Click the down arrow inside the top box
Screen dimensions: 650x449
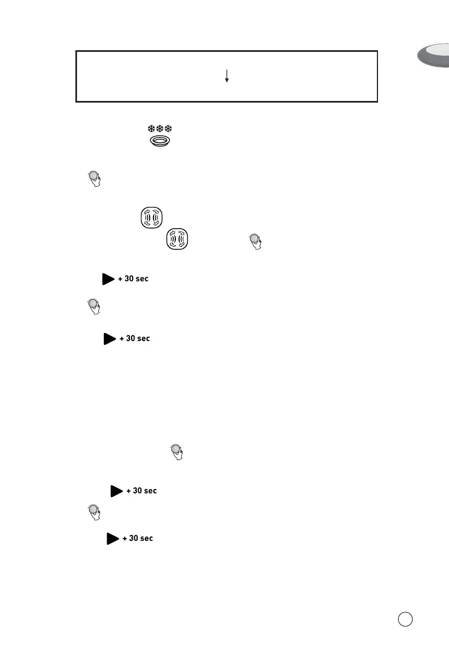click(226, 76)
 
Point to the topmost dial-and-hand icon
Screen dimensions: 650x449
click(94, 179)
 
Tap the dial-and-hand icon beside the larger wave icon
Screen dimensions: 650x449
click(255, 241)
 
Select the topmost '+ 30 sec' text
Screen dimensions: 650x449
click(133, 279)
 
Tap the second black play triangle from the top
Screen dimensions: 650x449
click(109, 339)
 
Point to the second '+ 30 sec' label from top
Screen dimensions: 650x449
click(134, 339)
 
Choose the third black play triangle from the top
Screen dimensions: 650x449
click(116, 491)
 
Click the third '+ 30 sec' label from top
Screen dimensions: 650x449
click(141, 491)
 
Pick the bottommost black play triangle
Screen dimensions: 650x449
click(113, 539)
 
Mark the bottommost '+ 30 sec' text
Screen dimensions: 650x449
click(138, 539)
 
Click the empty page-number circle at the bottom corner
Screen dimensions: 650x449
click(405, 619)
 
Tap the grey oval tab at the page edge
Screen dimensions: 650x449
click(434, 57)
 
